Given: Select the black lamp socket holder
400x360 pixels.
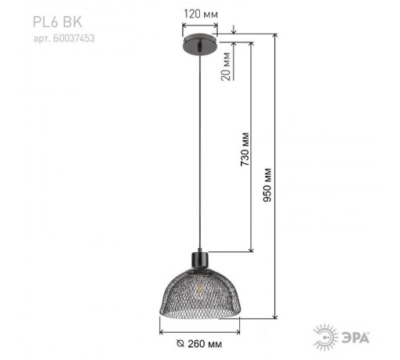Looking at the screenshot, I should click(199, 259).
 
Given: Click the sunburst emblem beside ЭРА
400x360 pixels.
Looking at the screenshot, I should click(324, 336).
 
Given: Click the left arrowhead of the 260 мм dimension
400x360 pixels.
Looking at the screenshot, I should click(162, 330).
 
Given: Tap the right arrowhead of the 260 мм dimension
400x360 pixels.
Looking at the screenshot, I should click(238, 330).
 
